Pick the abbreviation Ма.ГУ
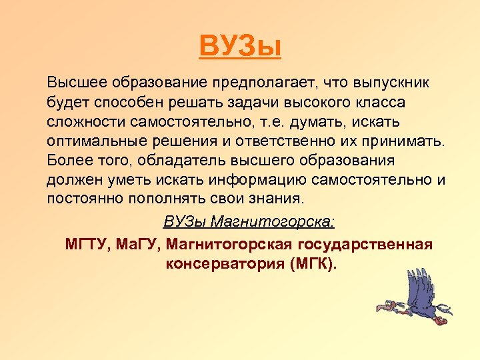pos(144,244)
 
